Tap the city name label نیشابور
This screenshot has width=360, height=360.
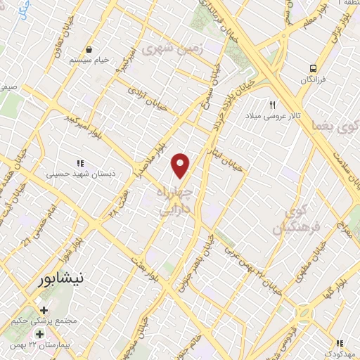click(x=62, y=279)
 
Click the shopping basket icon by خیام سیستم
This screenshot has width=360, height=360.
click(x=89, y=49)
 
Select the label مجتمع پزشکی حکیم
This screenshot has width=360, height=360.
click(x=43, y=322)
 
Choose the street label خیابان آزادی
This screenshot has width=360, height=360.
click(x=147, y=97)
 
